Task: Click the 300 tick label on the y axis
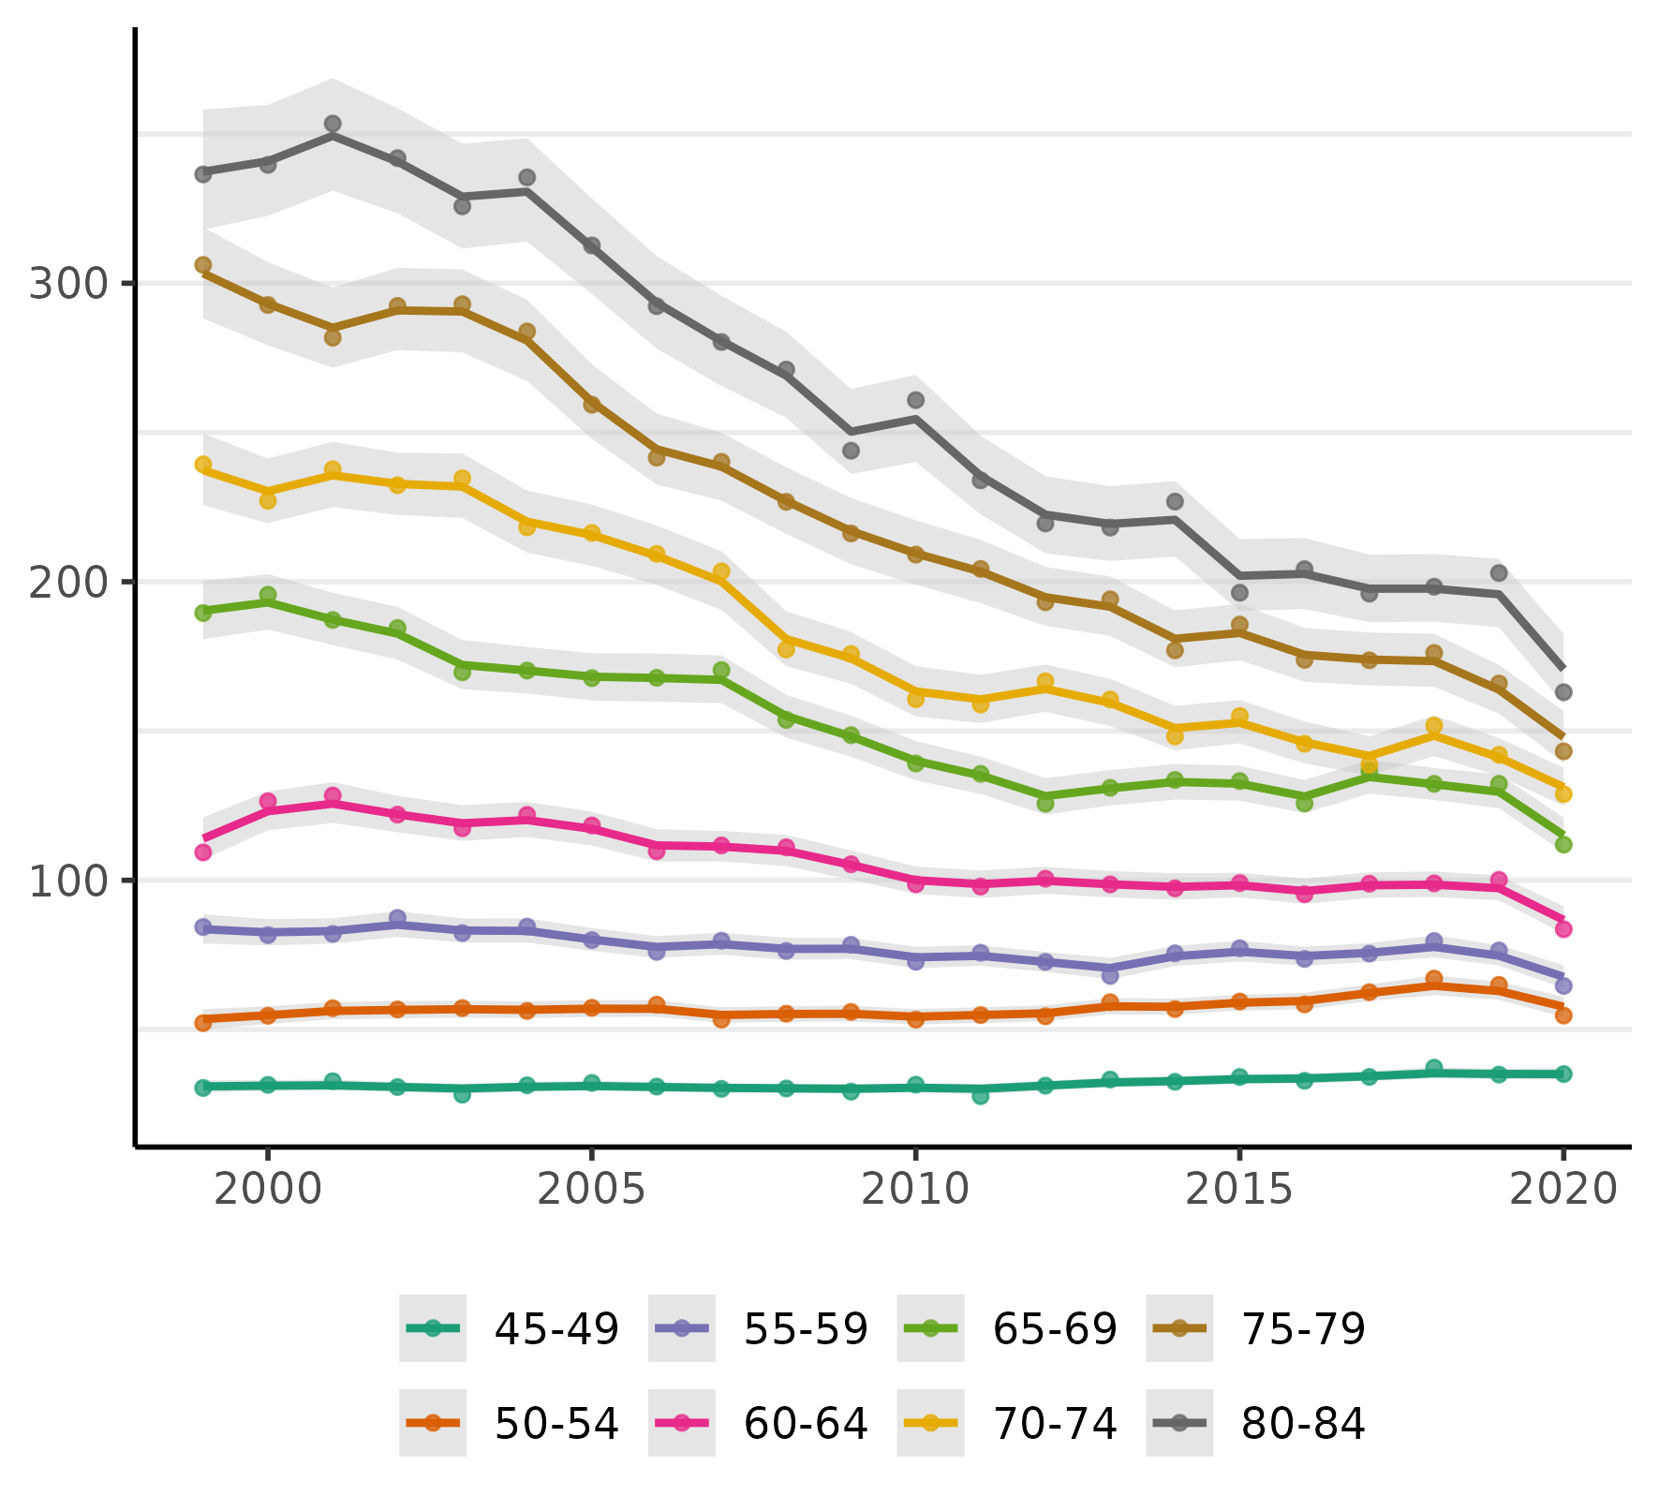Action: (x=68, y=284)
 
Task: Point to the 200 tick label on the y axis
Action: (x=68, y=583)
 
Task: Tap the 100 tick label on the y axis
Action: (x=68, y=881)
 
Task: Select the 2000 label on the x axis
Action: (x=268, y=1191)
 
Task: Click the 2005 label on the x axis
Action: (x=592, y=1191)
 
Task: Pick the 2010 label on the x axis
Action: (x=914, y=1191)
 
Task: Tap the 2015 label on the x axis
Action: (x=1238, y=1191)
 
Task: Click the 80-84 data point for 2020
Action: (x=1563, y=692)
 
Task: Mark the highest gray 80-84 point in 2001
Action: (x=333, y=124)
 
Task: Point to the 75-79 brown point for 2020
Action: (x=1563, y=751)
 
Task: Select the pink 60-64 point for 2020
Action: (x=1563, y=929)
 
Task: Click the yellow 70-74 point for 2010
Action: (x=916, y=699)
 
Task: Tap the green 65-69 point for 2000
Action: (x=268, y=595)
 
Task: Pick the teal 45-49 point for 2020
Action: (x=1563, y=1074)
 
